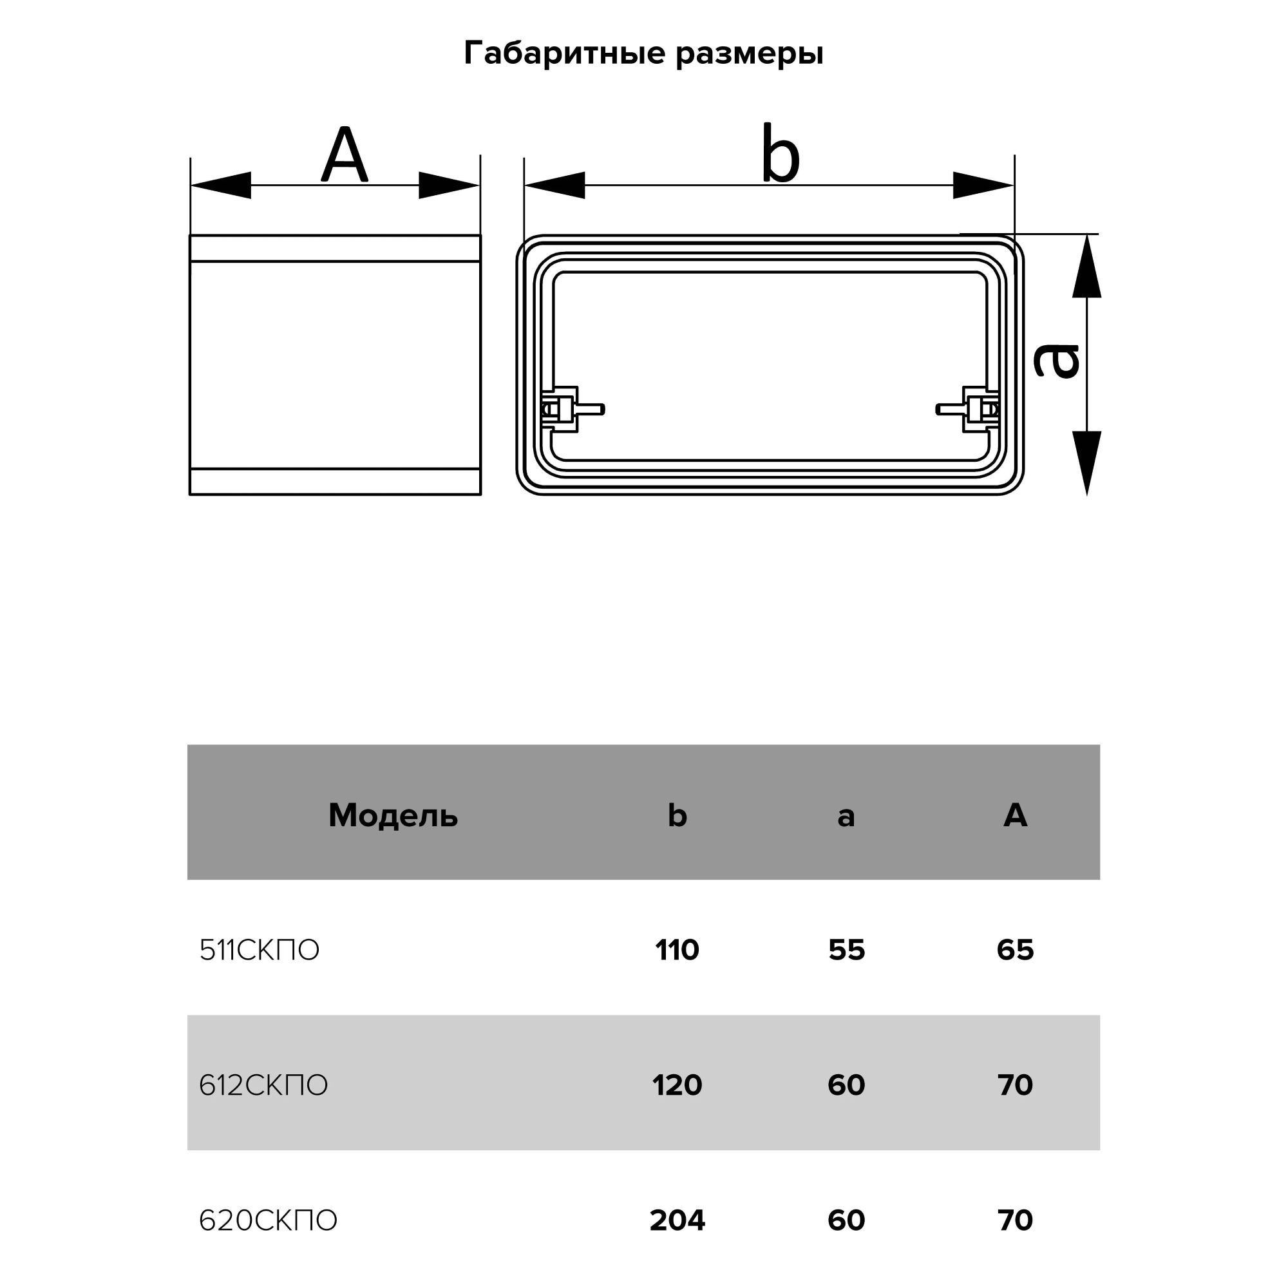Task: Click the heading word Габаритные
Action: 565,53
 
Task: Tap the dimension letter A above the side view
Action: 344,155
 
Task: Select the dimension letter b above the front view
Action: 780,155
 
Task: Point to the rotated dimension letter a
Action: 1057,361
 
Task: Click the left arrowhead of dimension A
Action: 222,185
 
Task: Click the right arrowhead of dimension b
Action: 983,185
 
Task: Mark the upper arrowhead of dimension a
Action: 1086,267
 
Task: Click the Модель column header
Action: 393,815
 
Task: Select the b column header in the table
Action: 677,815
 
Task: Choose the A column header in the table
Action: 1015,815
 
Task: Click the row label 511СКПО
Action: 260,951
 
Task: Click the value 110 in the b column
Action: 677,951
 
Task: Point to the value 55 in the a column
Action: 846,951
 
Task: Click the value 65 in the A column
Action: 1015,951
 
